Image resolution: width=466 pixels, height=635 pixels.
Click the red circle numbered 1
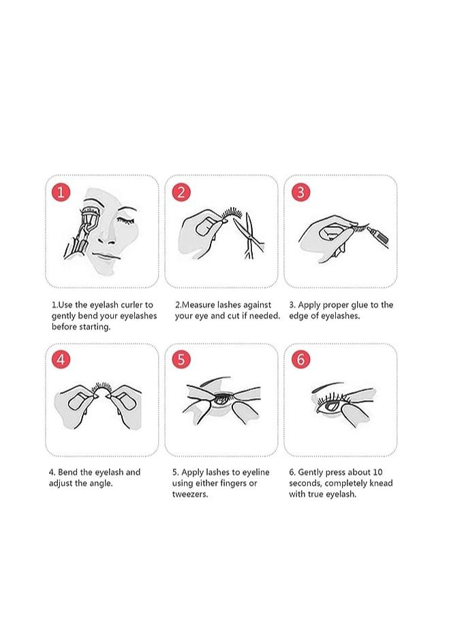(x=61, y=192)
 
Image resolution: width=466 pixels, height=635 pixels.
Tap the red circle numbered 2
(x=181, y=192)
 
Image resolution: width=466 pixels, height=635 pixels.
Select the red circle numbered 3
(x=300, y=192)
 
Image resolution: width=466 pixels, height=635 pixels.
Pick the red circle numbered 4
(x=61, y=359)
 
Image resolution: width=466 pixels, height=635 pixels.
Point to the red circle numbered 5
(x=181, y=359)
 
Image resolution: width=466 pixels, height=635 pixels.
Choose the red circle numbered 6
(x=300, y=359)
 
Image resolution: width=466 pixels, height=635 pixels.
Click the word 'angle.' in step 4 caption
(x=99, y=483)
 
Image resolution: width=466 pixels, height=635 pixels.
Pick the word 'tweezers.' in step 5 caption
(x=190, y=494)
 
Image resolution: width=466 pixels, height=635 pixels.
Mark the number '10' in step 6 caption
(x=378, y=472)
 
